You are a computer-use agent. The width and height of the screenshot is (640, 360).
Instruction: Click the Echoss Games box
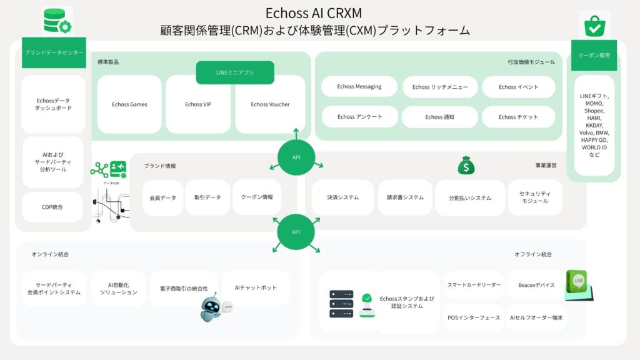tap(129, 104)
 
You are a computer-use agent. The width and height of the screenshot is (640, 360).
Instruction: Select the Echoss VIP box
tap(198, 104)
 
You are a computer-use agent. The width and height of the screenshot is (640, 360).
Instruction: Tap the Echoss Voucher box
tap(270, 104)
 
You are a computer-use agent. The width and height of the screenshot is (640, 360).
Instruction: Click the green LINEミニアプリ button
tap(235, 72)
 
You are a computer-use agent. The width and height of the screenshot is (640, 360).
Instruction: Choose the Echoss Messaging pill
tap(359, 86)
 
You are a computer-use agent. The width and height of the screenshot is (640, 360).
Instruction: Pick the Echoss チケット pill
tap(518, 117)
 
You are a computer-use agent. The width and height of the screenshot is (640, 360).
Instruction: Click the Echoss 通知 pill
tap(439, 117)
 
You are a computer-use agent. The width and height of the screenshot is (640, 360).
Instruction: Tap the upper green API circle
tap(296, 157)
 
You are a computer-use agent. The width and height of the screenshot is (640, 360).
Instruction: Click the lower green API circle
tap(296, 232)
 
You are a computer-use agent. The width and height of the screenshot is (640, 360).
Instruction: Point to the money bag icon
tap(466, 166)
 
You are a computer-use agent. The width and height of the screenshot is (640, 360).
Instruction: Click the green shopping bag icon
tap(594, 24)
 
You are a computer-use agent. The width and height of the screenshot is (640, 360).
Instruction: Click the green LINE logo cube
tap(578, 283)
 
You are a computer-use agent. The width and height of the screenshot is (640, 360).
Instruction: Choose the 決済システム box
tap(342, 197)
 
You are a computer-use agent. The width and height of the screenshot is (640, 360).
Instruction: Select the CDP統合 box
tap(52, 207)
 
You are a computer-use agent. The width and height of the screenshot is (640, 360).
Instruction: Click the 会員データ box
tap(163, 197)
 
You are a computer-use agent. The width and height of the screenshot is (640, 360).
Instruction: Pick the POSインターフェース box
tap(474, 317)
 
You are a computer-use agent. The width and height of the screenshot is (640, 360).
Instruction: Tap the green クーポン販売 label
tap(594, 56)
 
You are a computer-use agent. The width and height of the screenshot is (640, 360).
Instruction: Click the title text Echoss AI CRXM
tap(314, 13)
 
